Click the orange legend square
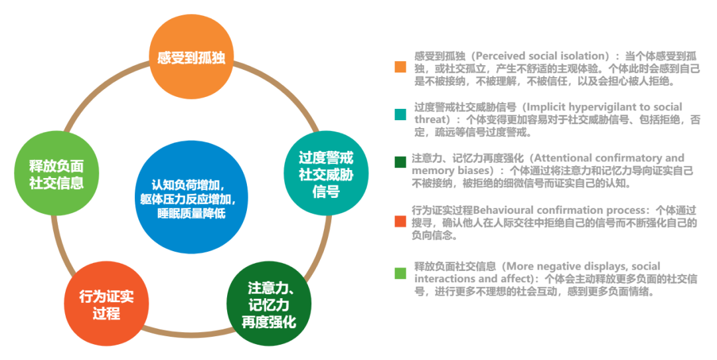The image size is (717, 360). [x=400, y=67]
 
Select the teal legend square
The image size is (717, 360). [x=400, y=114]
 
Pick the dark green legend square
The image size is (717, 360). [x=400, y=161]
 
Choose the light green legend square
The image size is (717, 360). [x=400, y=273]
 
